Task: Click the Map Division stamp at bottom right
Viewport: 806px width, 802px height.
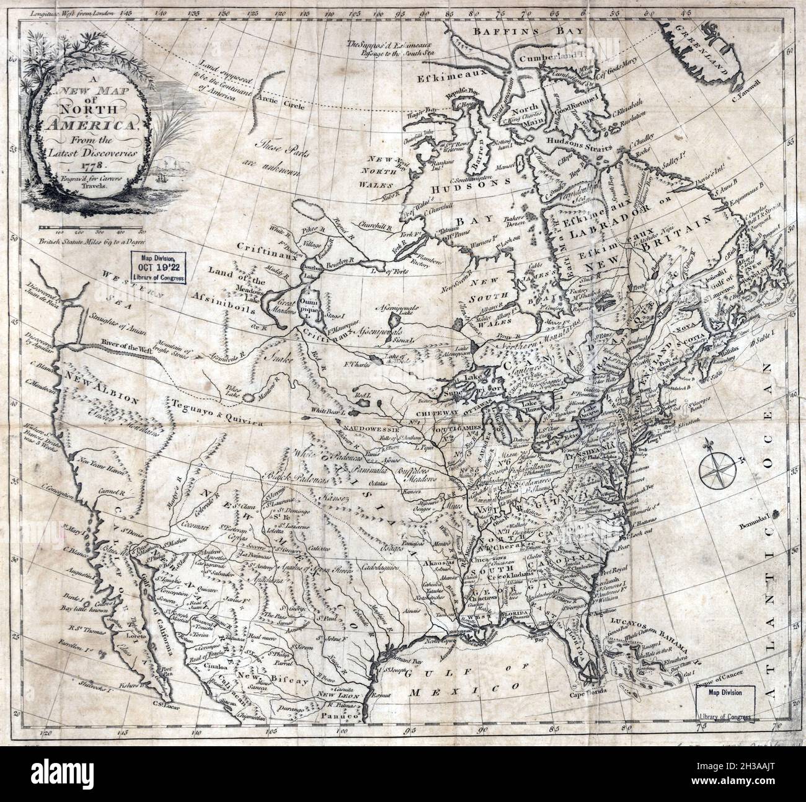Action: click(x=724, y=702)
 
